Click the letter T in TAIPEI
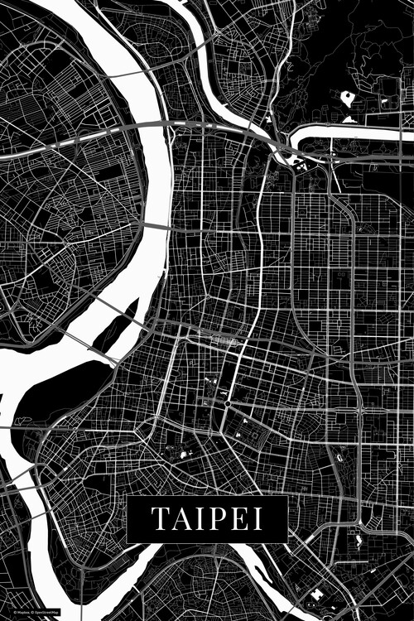click(x=158, y=519)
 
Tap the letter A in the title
click(x=180, y=519)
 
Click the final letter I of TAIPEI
click(x=258, y=519)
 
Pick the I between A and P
click(x=198, y=519)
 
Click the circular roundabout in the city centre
click(x=228, y=403)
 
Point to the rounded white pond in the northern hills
click(x=347, y=99)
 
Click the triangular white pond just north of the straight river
click(x=349, y=119)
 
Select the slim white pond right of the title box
click(x=358, y=542)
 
